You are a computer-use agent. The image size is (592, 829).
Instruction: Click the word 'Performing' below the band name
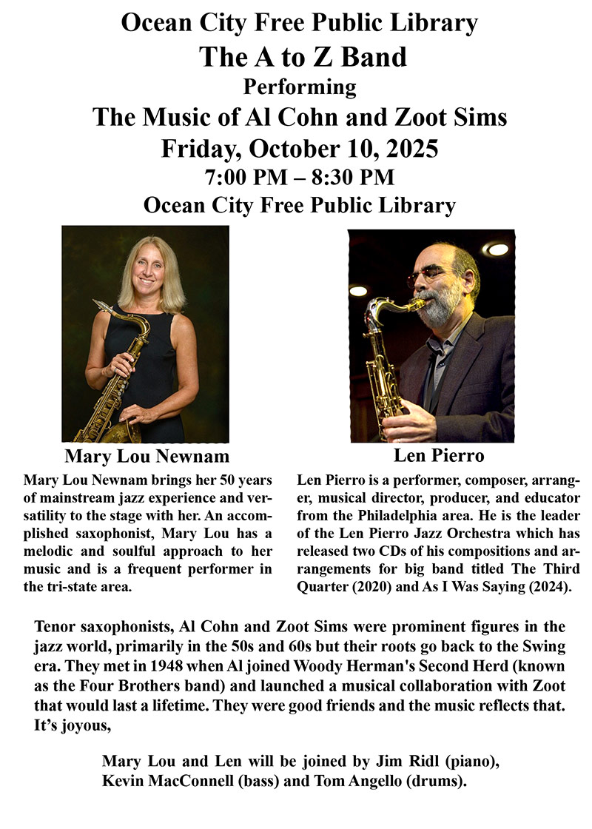pyautogui.click(x=300, y=87)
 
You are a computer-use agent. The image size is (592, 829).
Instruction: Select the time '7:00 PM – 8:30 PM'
pyautogui.click(x=300, y=177)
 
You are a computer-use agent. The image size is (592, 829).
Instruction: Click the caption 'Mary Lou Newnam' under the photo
pyautogui.click(x=147, y=454)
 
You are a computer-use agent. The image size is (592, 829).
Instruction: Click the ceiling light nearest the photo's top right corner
pyautogui.click(x=497, y=249)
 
